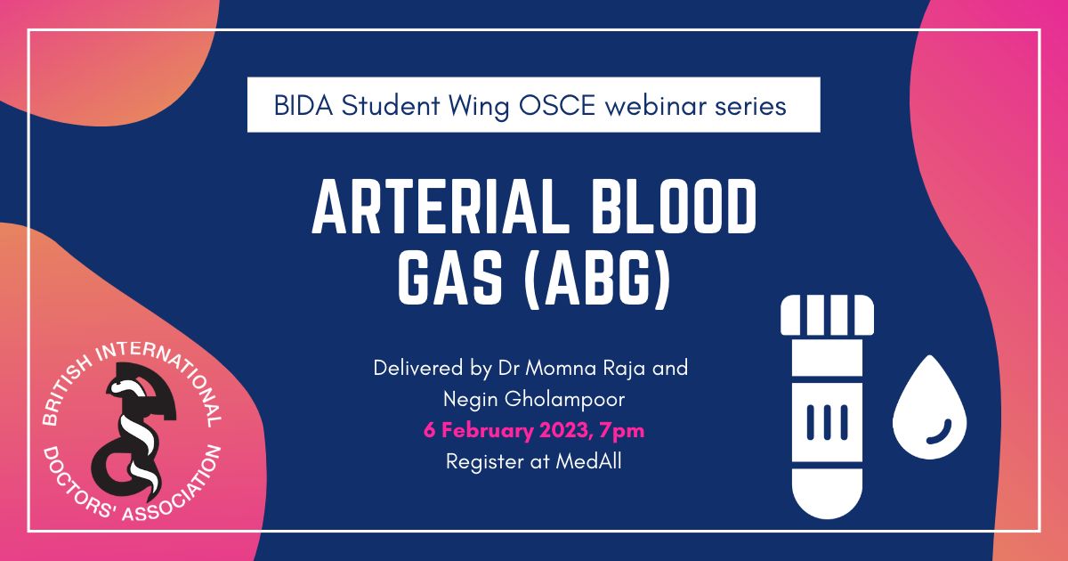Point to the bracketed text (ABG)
pos(593,281)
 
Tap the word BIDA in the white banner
pos(301,106)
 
